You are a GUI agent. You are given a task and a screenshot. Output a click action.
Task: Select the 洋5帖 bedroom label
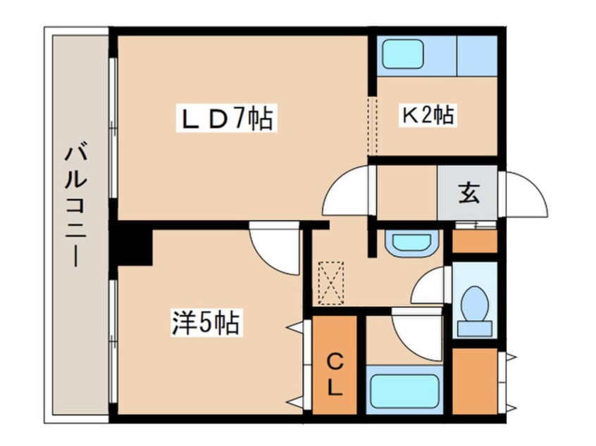pyautogui.click(x=206, y=323)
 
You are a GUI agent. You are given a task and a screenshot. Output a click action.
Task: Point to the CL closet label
pyautogui.click(x=335, y=375)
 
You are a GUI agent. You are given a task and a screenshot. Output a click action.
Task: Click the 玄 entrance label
pyautogui.click(x=468, y=193)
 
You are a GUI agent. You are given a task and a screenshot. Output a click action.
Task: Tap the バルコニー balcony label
pyautogui.click(x=76, y=205)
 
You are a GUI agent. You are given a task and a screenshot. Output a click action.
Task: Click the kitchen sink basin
pyautogui.click(x=402, y=54)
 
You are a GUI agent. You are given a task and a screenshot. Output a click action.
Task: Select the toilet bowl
pyautogui.click(x=475, y=304)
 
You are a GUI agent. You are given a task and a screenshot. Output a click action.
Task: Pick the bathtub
pyautogui.click(x=405, y=391)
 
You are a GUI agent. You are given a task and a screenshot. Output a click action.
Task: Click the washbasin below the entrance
pyautogui.click(x=411, y=243)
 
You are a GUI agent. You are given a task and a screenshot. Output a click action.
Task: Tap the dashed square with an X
pyautogui.click(x=330, y=283)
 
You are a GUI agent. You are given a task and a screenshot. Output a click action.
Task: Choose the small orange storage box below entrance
pyautogui.click(x=475, y=241)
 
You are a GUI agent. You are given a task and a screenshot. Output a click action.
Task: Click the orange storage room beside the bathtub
pyautogui.click(x=475, y=381)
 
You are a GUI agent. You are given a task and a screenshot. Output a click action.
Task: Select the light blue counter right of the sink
pyautogui.click(x=477, y=56)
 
